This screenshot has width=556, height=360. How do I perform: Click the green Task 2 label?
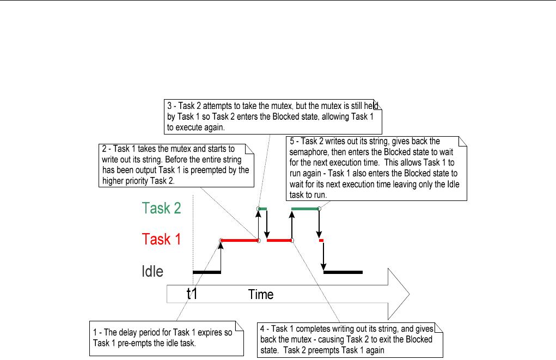161,208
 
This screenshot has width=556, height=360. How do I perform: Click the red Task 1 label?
161,239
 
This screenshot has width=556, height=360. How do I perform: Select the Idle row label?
152,271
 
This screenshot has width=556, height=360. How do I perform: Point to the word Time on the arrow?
261,295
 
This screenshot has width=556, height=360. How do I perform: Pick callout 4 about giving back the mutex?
349,339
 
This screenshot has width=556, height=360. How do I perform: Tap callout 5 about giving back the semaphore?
376,168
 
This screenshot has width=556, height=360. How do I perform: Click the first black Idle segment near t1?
207,271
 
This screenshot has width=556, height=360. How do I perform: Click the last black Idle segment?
343,271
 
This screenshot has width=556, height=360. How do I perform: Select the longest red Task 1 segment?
240,240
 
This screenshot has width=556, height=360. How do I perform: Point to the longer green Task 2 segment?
305,209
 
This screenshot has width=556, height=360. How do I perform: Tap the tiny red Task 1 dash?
321,240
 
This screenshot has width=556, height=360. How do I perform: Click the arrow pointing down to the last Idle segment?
324,256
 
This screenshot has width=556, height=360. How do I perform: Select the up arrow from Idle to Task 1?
221,256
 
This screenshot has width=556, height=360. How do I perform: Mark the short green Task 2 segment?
263,209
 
